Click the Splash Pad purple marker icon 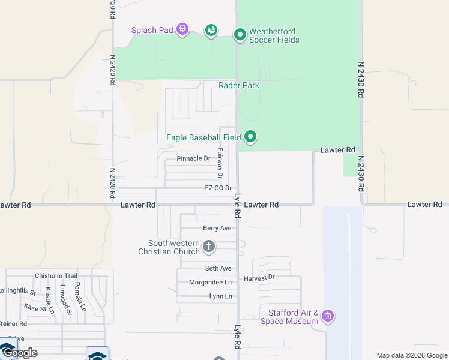[x=182, y=29]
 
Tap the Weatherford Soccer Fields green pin [x=240, y=34]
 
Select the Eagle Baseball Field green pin [x=250, y=137]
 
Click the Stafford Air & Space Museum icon [x=327, y=315]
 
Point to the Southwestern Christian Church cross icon [x=209, y=246]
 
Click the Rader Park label [x=239, y=85]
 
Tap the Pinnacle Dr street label [x=193, y=159]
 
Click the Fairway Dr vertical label [x=220, y=164]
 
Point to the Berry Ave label [x=217, y=228]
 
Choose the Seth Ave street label [x=218, y=269]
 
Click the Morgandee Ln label [x=210, y=283]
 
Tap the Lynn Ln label [x=220, y=296]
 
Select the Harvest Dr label [x=259, y=278]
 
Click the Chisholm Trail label [x=56, y=276]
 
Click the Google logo [x=20, y=352]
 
